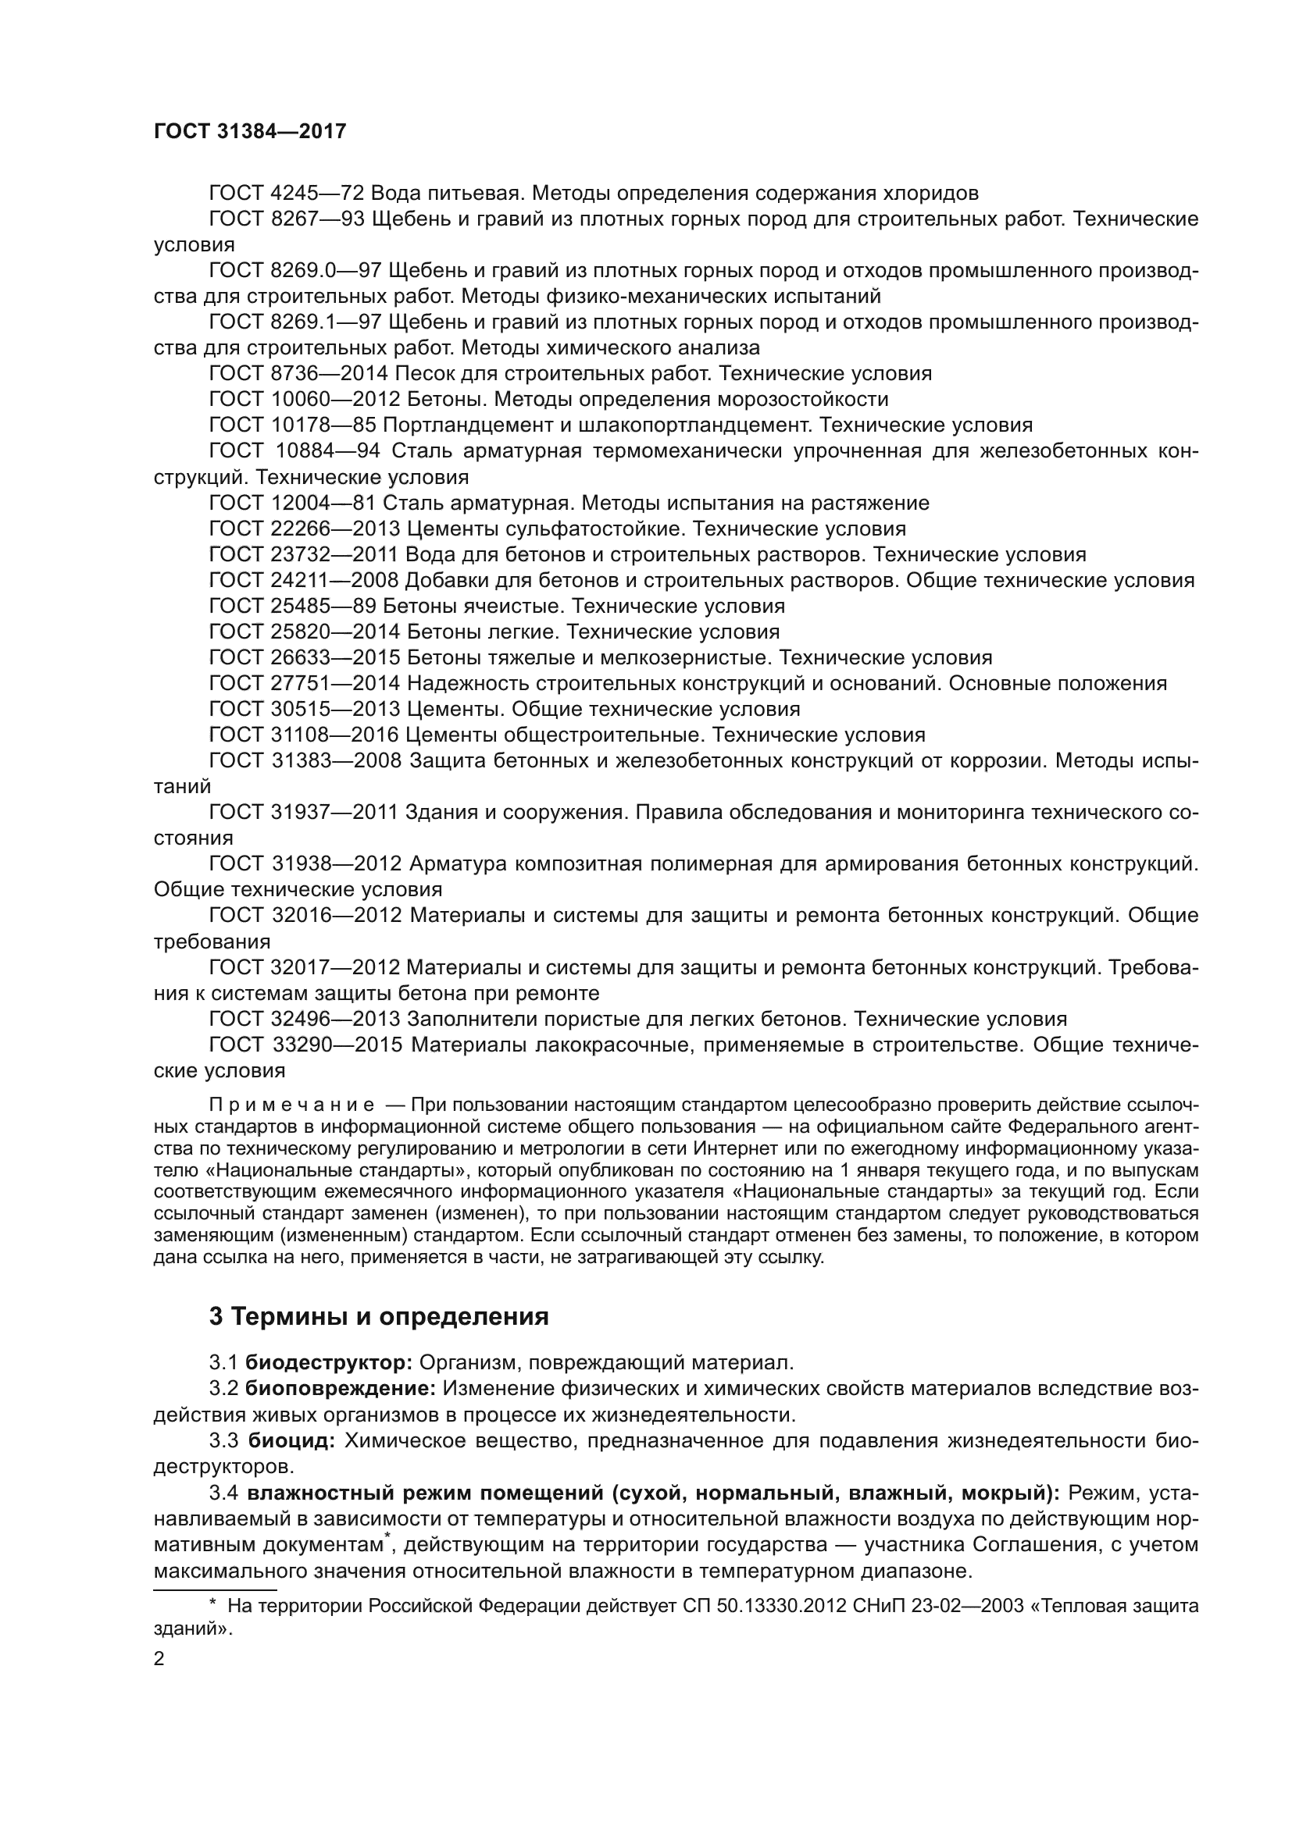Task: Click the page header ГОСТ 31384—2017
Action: pyautogui.click(x=250, y=131)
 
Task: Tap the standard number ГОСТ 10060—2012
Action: pyautogui.click(x=304, y=399)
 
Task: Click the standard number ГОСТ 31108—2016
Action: pyautogui.click(x=304, y=735)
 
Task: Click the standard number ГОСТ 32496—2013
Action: pyautogui.click(x=304, y=1019)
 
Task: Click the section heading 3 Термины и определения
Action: pyautogui.click(x=379, y=1316)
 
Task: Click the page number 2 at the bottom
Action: pyautogui.click(x=159, y=1659)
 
